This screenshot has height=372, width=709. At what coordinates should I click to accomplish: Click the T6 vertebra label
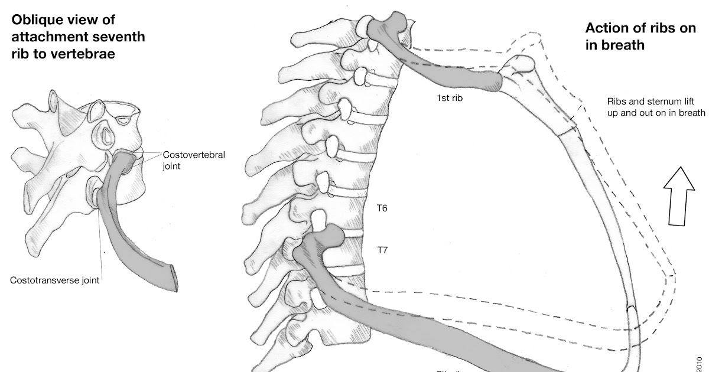(x=382, y=208)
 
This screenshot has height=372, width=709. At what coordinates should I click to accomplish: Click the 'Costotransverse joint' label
(x=54, y=280)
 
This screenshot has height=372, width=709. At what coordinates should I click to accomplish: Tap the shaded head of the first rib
(x=386, y=27)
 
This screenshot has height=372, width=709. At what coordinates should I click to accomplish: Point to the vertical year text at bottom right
(x=701, y=361)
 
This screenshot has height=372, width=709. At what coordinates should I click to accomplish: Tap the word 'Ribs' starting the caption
(x=617, y=100)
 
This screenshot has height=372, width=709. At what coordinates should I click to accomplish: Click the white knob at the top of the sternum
(x=521, y=66)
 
